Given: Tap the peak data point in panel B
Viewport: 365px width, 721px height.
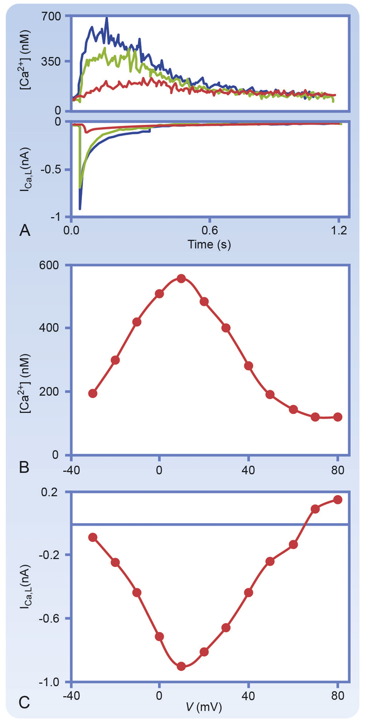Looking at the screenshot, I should coord(182,278).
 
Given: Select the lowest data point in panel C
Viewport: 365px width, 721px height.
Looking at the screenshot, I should coord(182,666).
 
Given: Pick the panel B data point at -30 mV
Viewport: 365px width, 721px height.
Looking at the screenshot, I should coord(93,393).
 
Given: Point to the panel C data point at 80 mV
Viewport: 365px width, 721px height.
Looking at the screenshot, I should coord(338,500).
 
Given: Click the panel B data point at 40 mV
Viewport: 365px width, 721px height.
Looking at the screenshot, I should coord(249,365).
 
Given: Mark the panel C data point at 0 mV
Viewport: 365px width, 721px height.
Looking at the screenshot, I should coord(160,636).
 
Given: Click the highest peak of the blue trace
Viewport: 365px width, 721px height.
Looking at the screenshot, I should coord(107,18).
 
